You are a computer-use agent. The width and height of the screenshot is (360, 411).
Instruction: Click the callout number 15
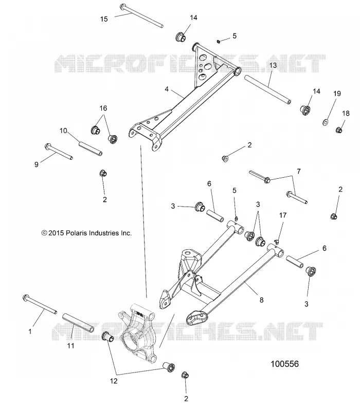pyautogui.click(x=104, y=19)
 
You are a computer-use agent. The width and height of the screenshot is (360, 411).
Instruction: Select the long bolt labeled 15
pyautogui.click(x=142, y=15)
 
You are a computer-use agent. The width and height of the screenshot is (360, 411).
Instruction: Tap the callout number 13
pyautogui.click(x=273, y=65)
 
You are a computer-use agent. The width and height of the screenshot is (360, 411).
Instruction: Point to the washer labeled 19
pyautogui.click(x=326, y=122)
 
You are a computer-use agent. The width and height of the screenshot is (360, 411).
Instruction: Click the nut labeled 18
pyautogui.click(x=339, y=130)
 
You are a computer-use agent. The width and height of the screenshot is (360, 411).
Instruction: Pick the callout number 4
pyautogui.click(x=167, y=89)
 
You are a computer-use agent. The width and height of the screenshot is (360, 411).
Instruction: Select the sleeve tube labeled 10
pyautogui.click(x=91, y=148)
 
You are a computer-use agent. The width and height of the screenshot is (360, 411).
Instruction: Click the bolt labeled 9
pyautogui.click(x=59, y=151)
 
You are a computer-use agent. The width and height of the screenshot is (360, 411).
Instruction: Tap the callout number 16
pyautogui.click(x=103, y=108)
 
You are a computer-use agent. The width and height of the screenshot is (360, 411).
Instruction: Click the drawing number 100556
pyautogui.click(x=285, y=364)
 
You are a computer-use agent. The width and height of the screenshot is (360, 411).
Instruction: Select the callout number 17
pyautogui.click(x=282, y=215)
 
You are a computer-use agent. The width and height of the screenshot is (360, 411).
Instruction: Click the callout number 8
pyautogui.click(x=261, y=300)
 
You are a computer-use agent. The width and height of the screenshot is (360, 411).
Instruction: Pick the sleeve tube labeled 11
pyautogui.click(x=78, y=323)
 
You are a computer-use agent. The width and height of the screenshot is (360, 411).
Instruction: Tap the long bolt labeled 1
pyautogui.click(x=40, y=304)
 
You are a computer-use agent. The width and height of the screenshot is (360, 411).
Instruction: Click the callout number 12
pyautogui.click(x=114, y=381)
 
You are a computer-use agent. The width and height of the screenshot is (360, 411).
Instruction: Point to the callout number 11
pyautogui.click(x=71, y=346)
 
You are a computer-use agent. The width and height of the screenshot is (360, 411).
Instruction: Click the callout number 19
pyautogui.click(x=337, y=94)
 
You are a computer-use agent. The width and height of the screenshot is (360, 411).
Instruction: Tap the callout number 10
pyautogui.click(x=63, y=130)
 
